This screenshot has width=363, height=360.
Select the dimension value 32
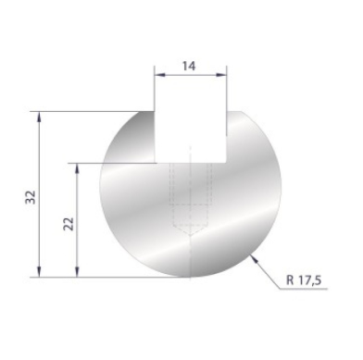30,195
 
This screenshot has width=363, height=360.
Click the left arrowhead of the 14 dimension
158,74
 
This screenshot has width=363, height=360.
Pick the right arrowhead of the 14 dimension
223,74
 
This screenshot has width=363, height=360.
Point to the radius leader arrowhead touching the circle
253,254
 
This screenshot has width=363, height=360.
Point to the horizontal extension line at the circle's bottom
93,276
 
